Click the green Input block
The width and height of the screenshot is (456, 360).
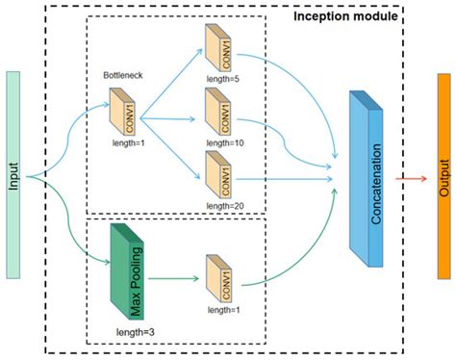[14, 177]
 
